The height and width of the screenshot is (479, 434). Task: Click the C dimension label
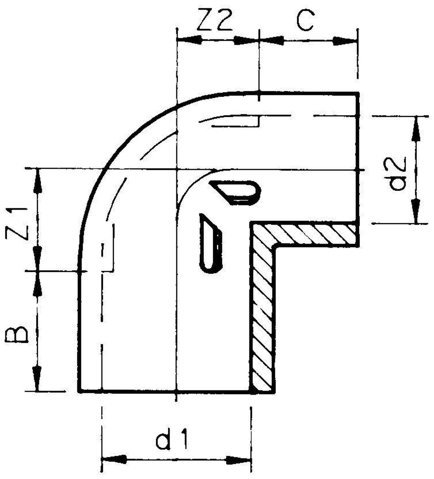point(305,22)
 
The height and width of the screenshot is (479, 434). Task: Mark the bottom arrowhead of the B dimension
point(38,379)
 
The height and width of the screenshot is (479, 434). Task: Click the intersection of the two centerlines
point(176,169)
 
